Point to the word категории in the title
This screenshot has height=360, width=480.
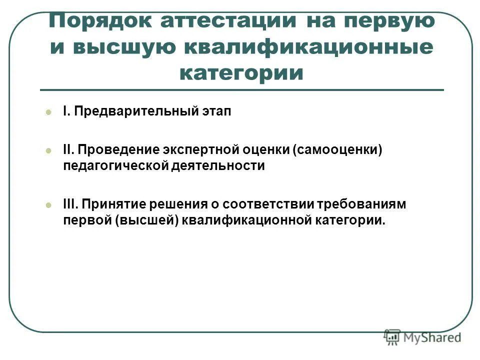pyautogui.click(x=241, y=73)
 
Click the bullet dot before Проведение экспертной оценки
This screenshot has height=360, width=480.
pyautogui.click(x=48, y=150)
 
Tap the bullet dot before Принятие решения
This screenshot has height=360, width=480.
pyautogui.click(x=48, y=204)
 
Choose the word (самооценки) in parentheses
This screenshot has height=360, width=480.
pyautogui.click(x=337, y=150)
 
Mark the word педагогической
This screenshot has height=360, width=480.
pyautogui.click(x=114, y=165)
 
